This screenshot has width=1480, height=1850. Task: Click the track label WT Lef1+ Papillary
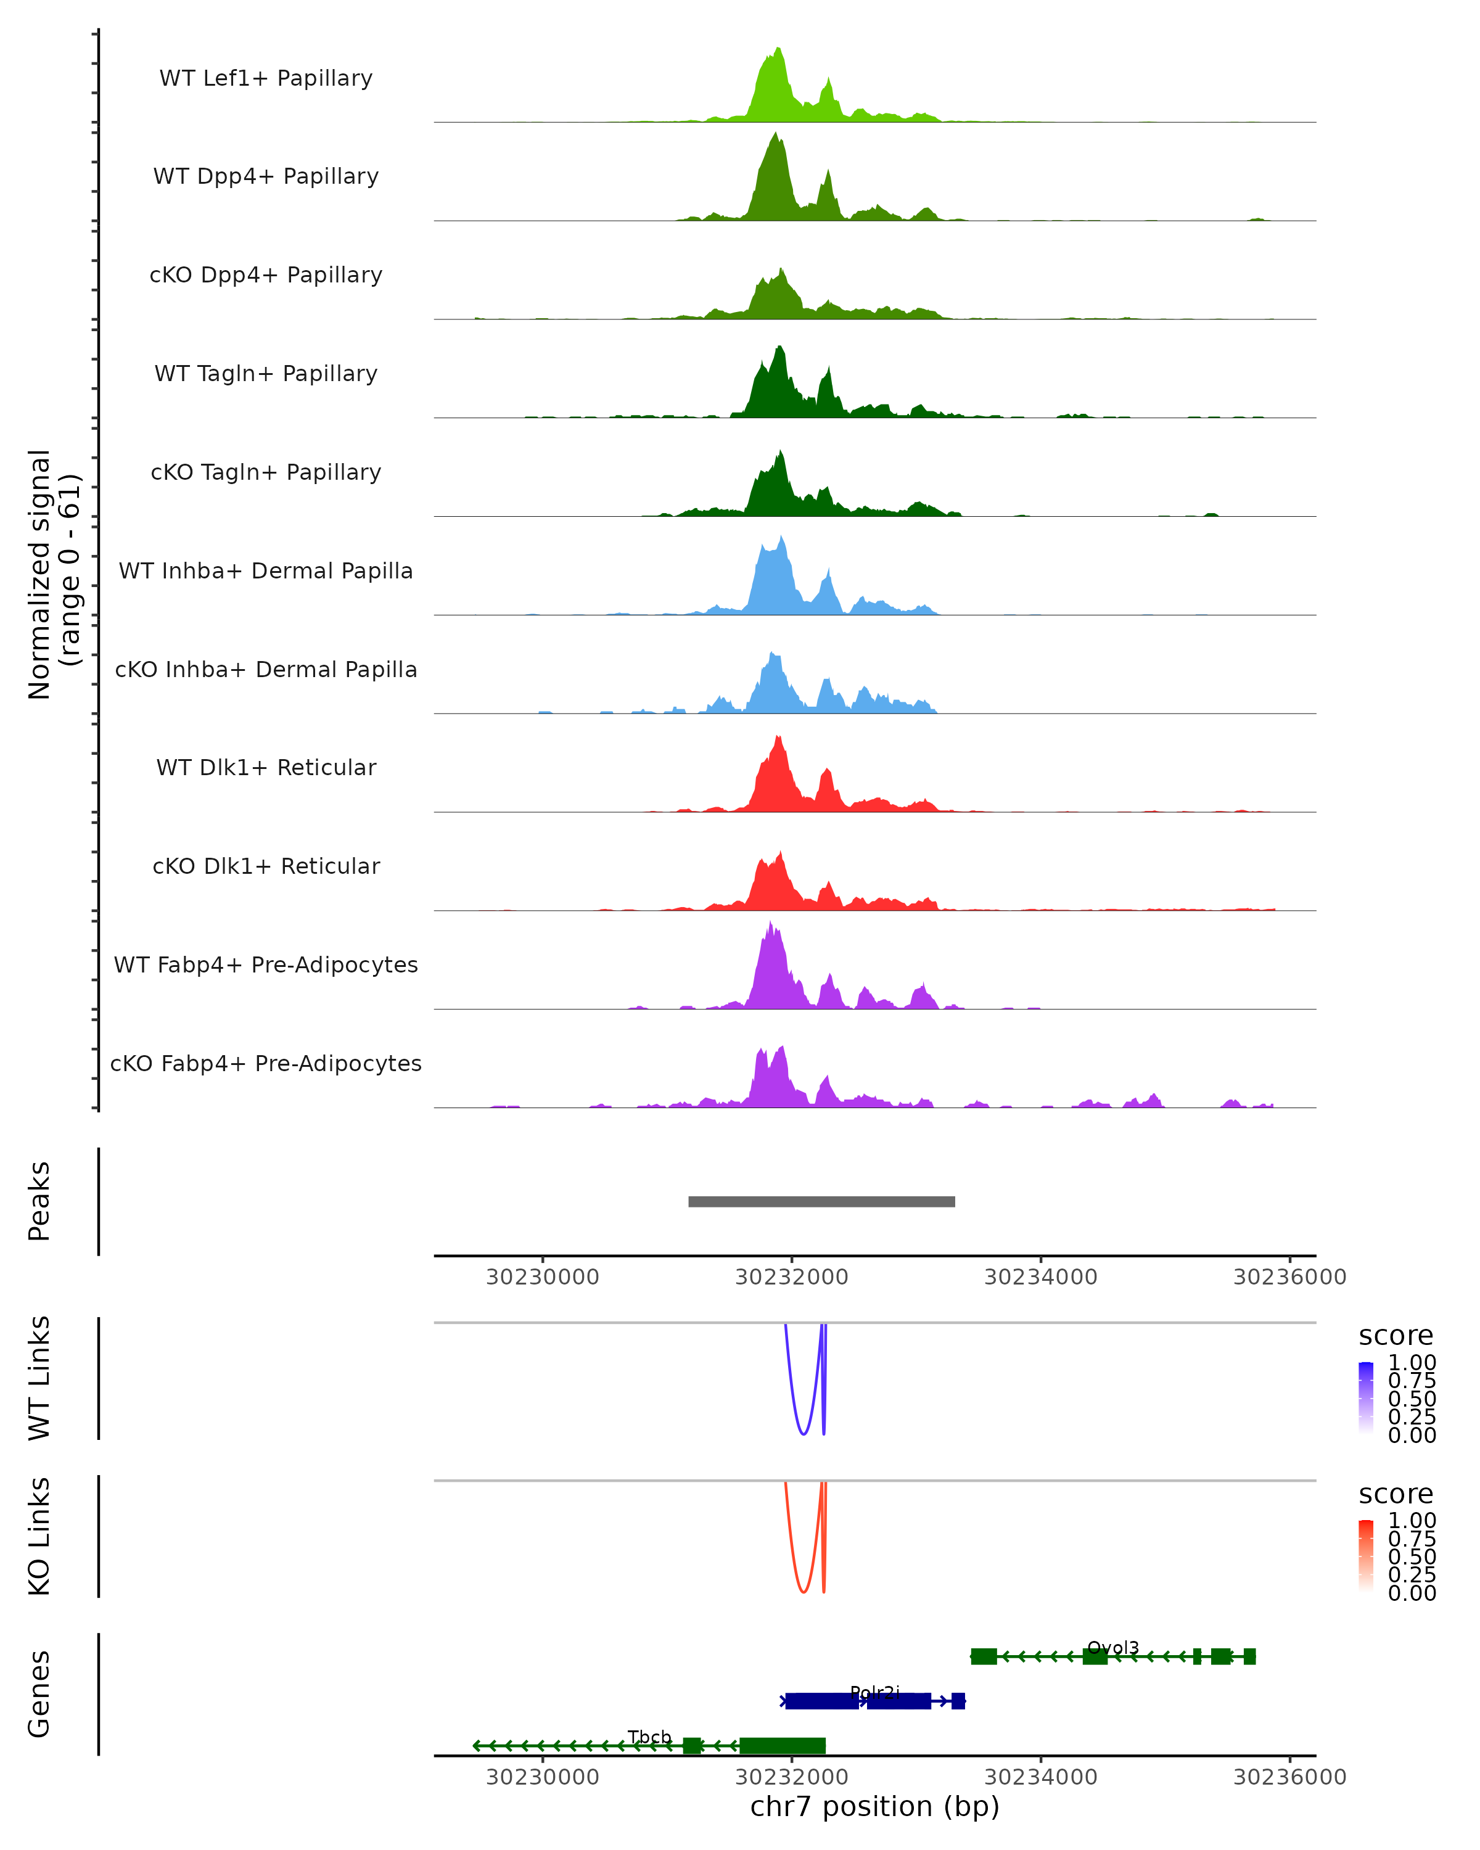266,78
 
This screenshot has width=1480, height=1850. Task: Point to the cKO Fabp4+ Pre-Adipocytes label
266,1063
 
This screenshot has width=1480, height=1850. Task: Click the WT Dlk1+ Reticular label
266,767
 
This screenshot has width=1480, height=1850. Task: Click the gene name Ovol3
1113,1648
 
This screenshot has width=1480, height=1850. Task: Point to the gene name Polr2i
874,1692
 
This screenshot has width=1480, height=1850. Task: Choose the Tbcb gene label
649,1737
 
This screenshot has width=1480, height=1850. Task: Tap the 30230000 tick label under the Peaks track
542,1277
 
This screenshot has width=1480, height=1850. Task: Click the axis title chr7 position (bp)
874,1807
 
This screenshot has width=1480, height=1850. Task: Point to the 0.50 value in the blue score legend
1412,1399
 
